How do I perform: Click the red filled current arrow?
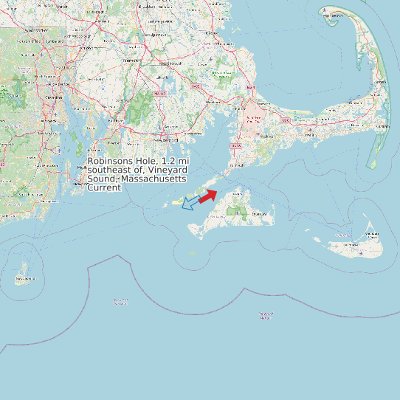coord(207,196)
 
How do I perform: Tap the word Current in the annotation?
coord(104,188)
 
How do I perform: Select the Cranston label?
coord(53,97)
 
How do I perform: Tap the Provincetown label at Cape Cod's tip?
coord(335,15)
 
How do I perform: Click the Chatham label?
coord(382,126)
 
